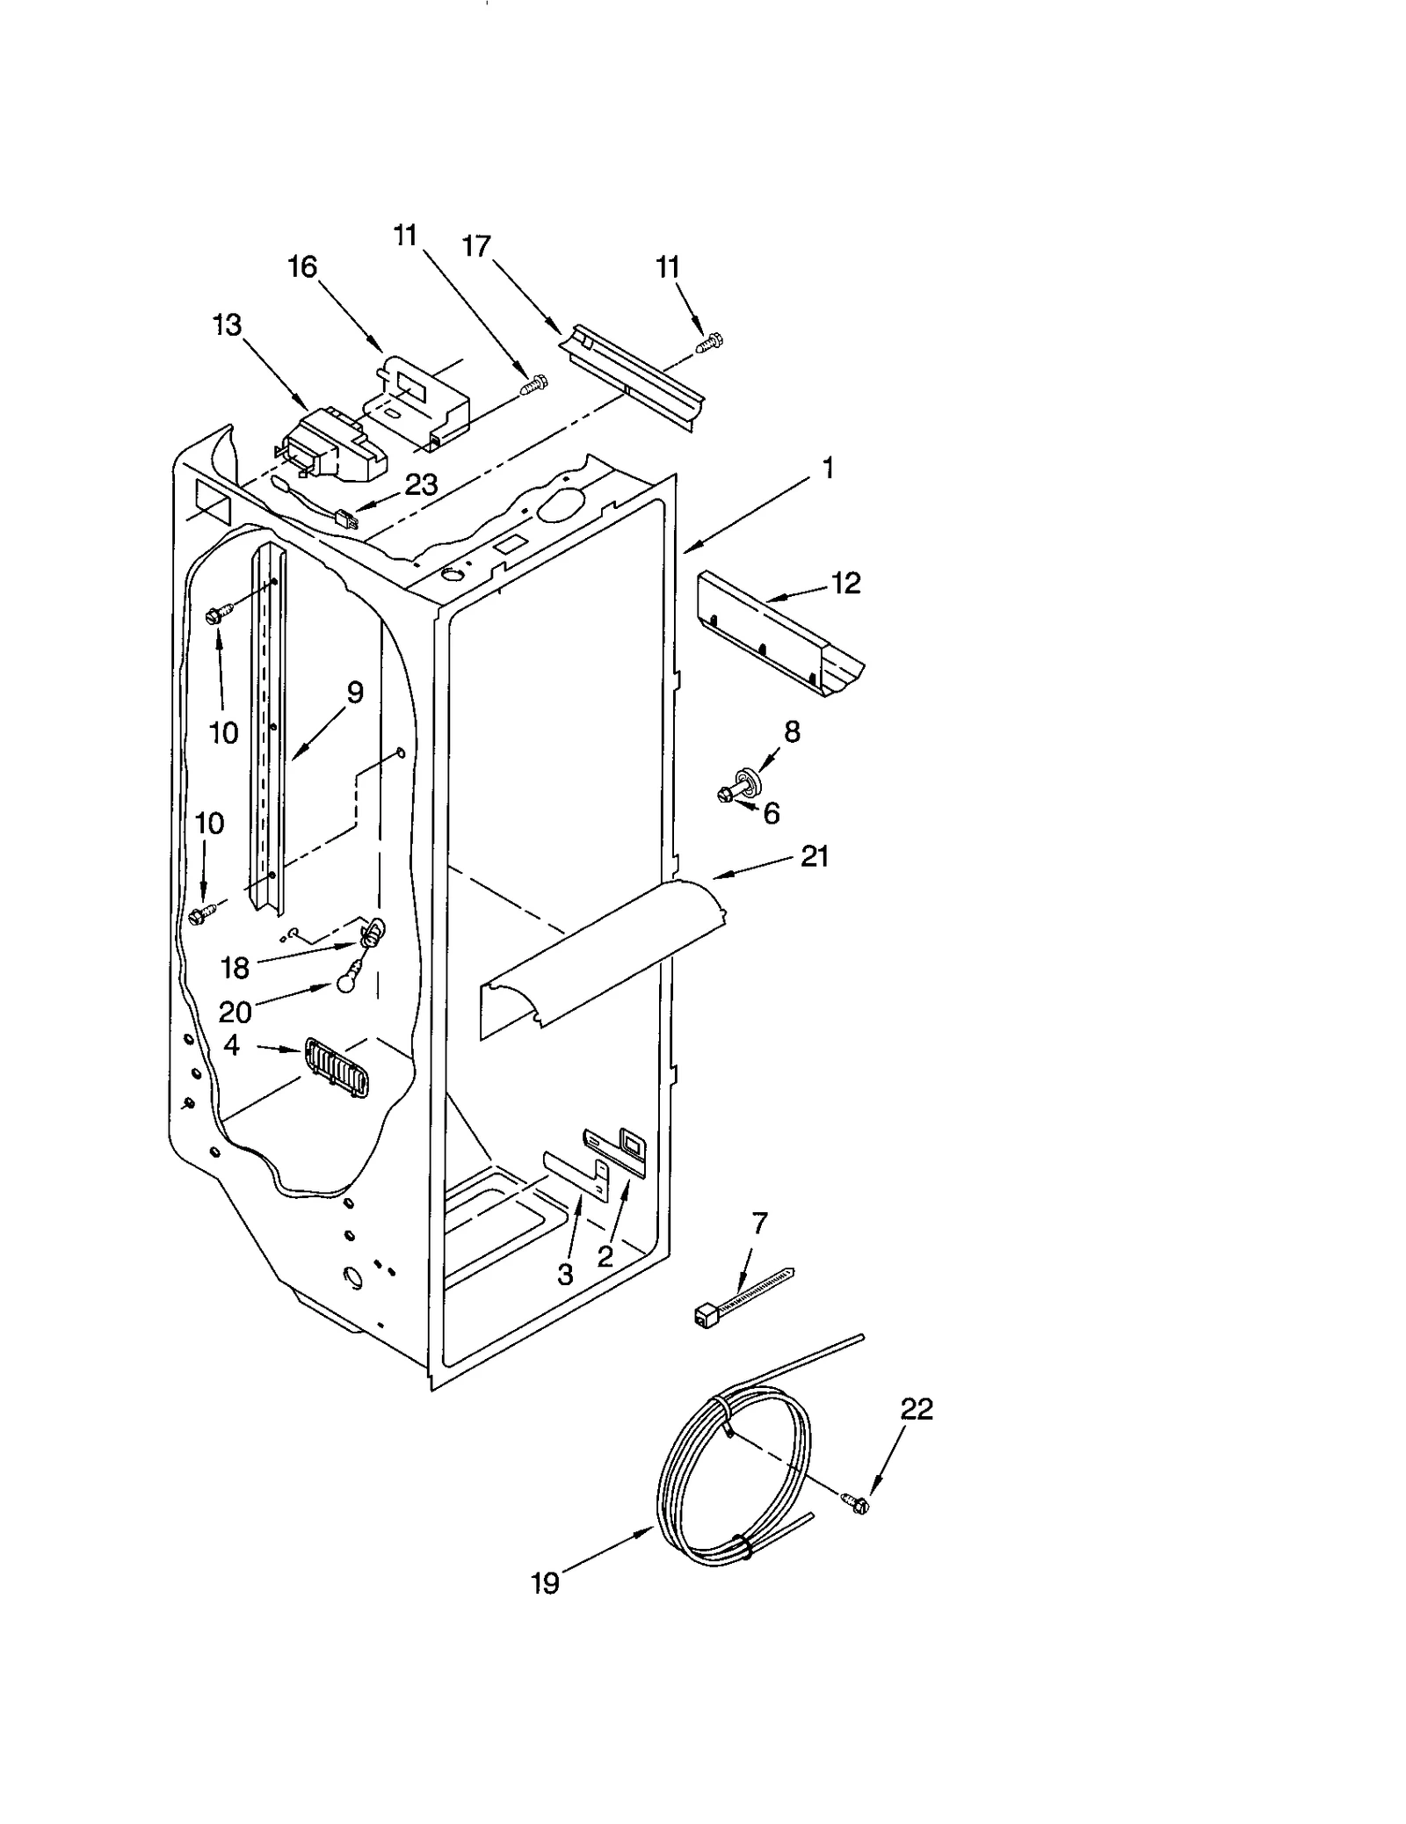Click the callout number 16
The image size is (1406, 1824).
(x=302, y=266)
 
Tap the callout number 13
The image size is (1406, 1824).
(x=227, y=325)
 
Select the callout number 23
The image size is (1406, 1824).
(x=421, y=485)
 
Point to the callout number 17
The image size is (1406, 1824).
(x=476, y=247)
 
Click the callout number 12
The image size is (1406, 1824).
(x=845, y=583)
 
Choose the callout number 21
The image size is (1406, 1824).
(x=815, y=856)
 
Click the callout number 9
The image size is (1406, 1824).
(x=354, y=693)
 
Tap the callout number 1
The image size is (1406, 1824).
(x=827, y=469)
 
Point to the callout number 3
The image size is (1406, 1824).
(x=565, y=1274)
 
